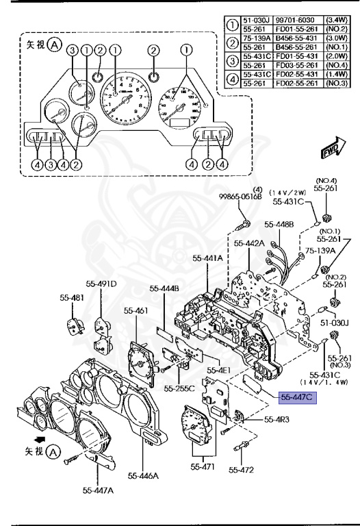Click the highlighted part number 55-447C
click(296, 397)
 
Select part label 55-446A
click(140, 474)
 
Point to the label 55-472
click(242, 470)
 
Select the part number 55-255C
click(179, 388)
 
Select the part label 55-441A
click(207, 258)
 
